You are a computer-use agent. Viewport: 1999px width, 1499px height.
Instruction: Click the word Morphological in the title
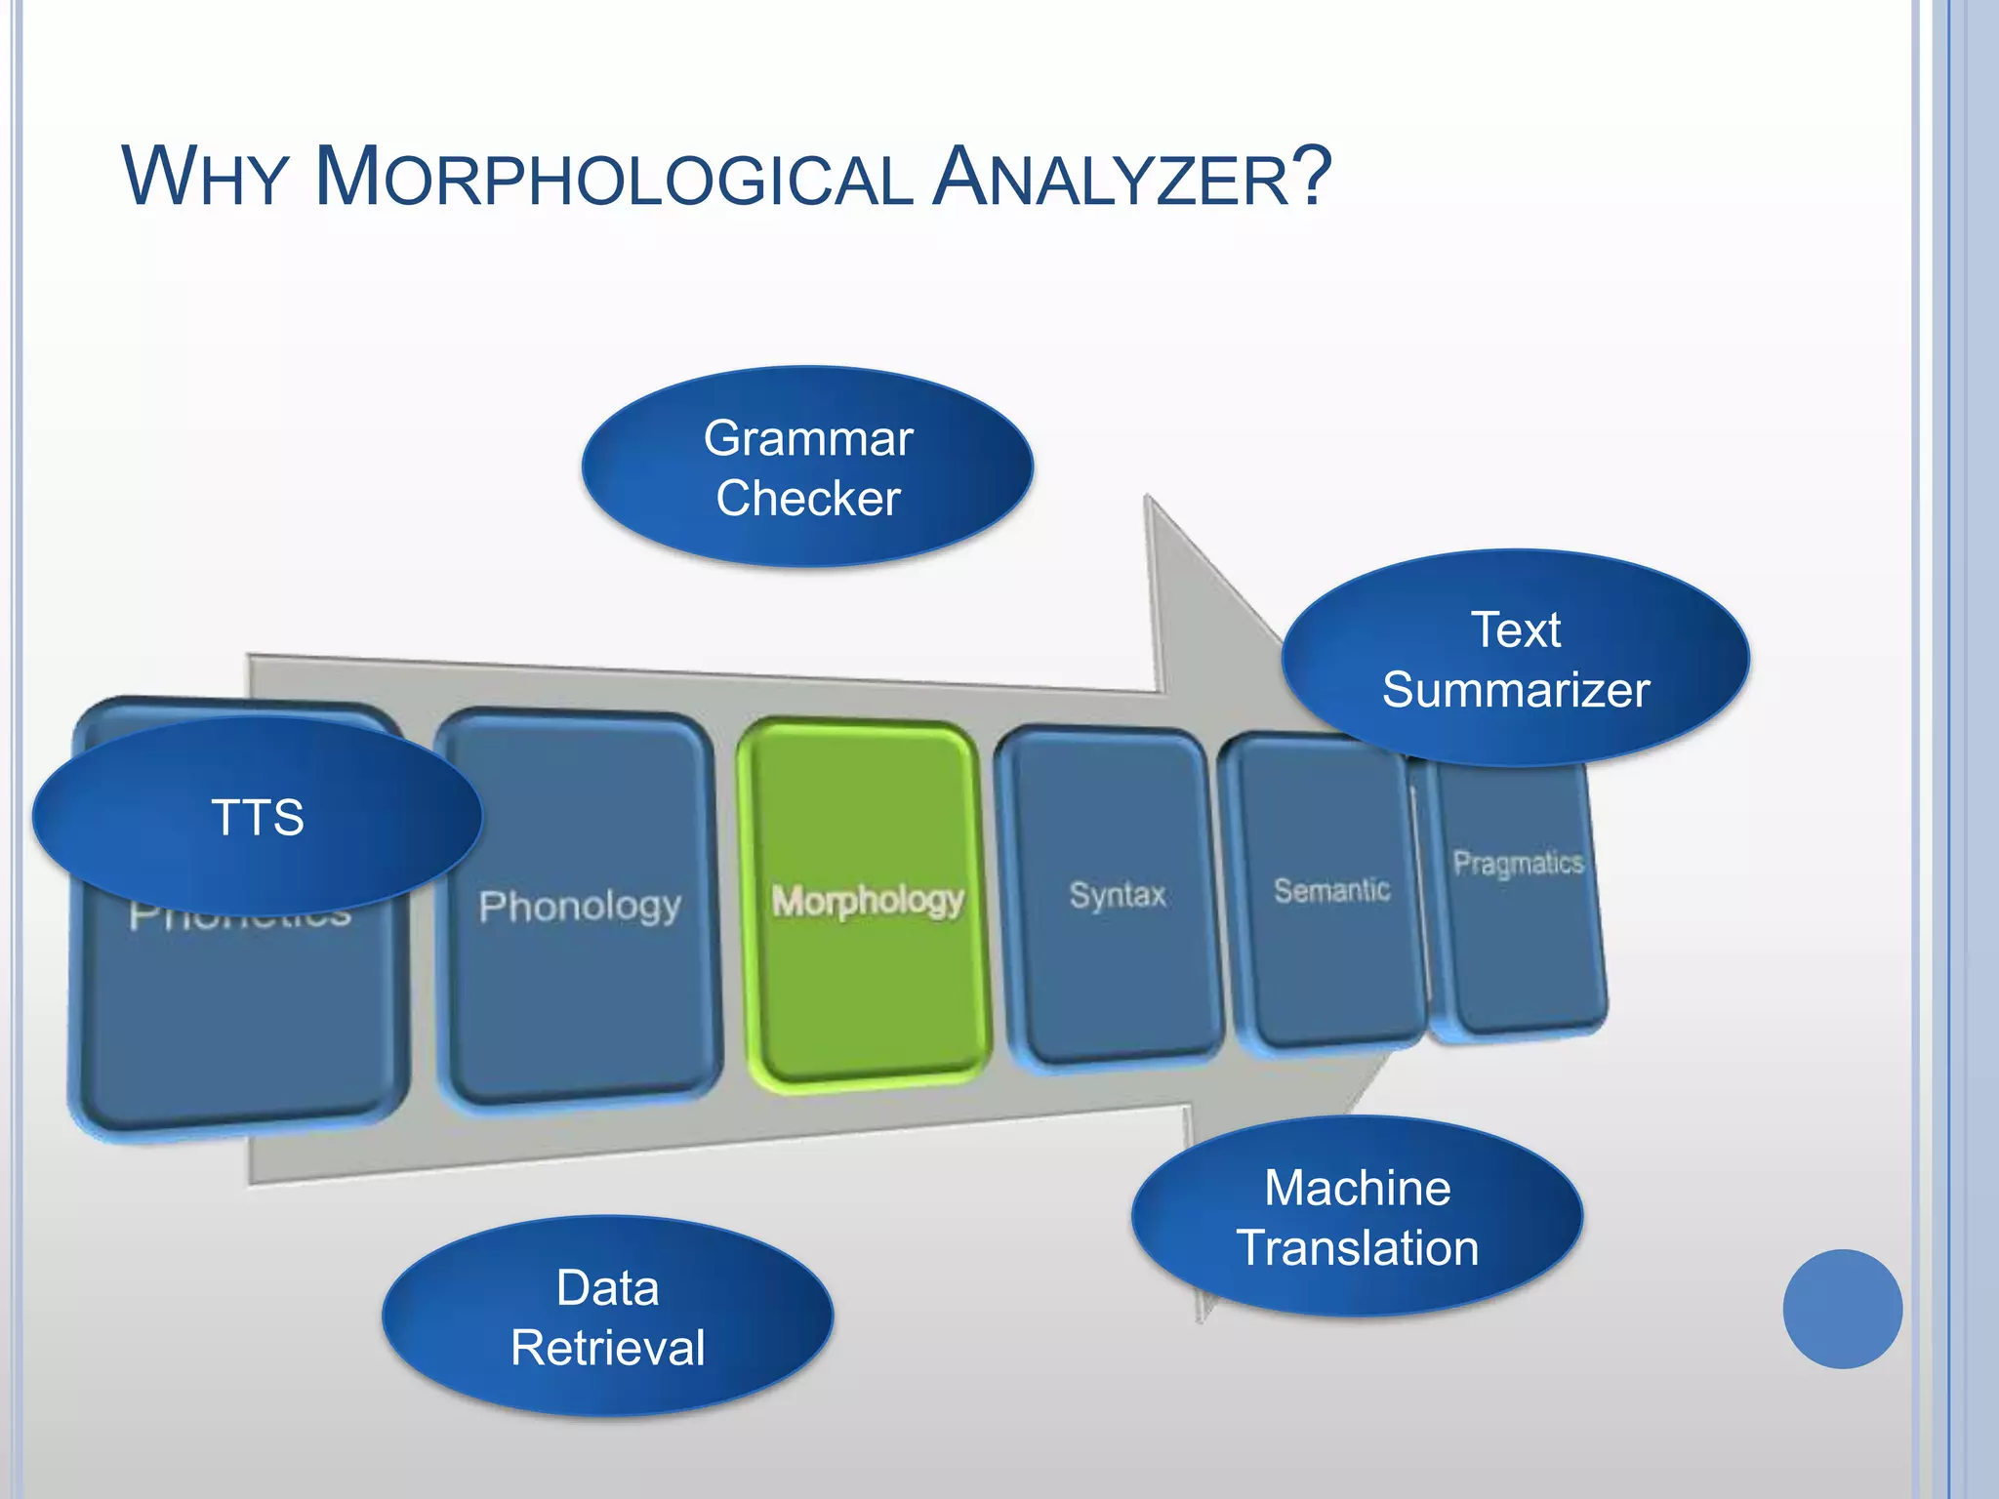pyautogui.click(x=613, y=178)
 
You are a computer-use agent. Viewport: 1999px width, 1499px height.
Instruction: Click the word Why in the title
pyautogui.click(x=204, y=178)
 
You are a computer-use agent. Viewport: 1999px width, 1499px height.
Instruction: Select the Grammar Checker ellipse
pyautogui.click(x=807, y=467)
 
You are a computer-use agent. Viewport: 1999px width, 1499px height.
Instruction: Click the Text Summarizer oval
pyautogui.click(x=1515, y=659)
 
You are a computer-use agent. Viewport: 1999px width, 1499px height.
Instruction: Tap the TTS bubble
pyautogui.click(x=258, y=817)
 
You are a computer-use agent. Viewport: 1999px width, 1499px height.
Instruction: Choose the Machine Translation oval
pyautogui.click(x=1357, y=1217)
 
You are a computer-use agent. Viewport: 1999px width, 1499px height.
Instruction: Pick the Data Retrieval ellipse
pyautogui.click(x=607, y=1317)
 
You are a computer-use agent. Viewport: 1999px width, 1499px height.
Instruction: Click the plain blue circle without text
pyautogui.click(x=1842, y=1309)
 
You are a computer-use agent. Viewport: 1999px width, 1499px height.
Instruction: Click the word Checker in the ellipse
pyautogui.click(x=807, y=499)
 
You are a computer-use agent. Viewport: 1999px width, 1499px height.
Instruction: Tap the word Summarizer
pyautogui.click(x=1515, y=690)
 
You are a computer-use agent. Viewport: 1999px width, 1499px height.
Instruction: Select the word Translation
pyautogui.click(x=1357, y=1248)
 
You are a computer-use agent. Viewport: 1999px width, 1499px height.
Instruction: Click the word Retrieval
pyautogui.click(x=607, y=1348)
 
